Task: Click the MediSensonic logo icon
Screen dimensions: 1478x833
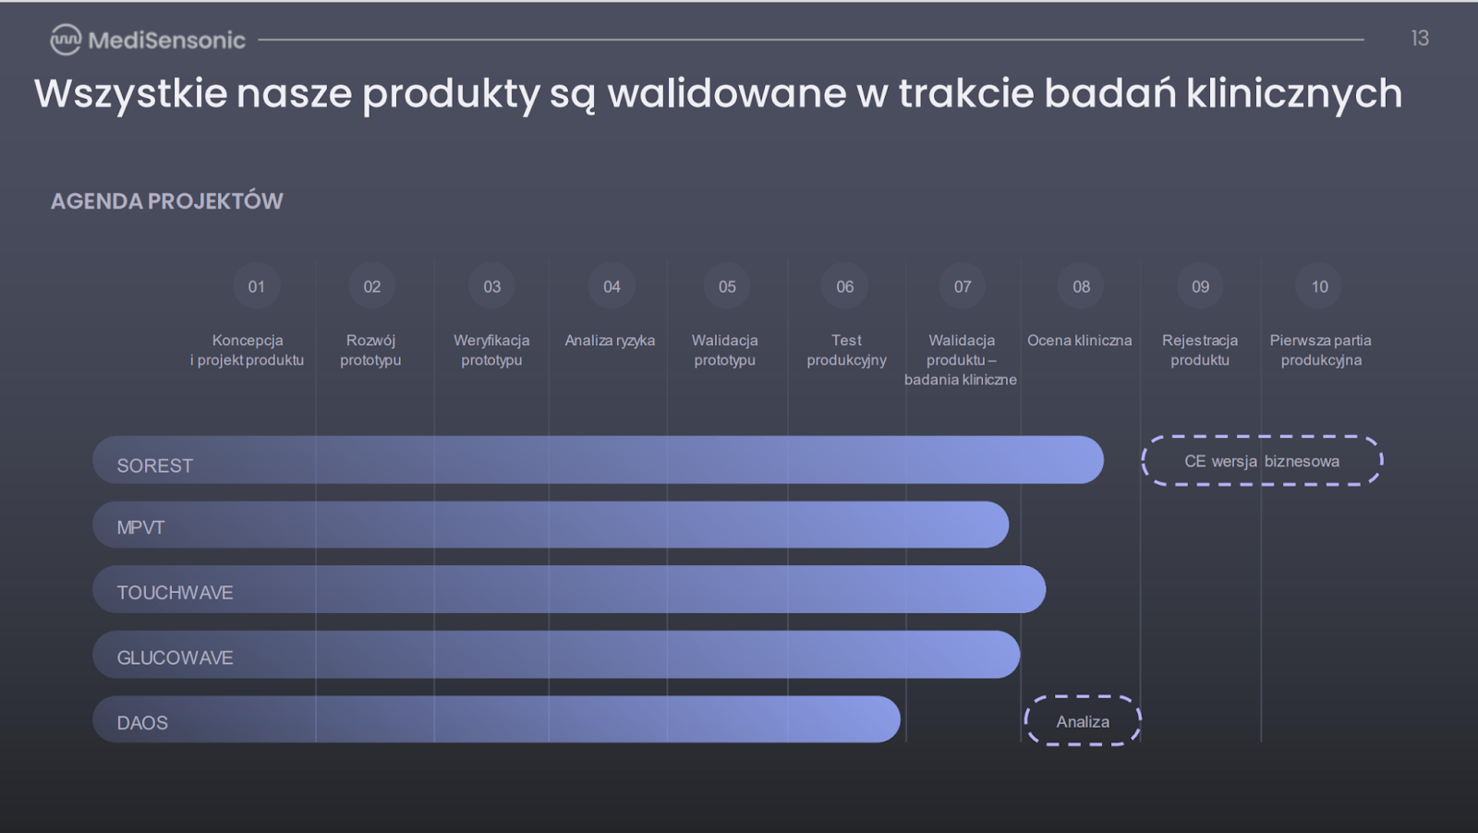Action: click(x=66, y=40)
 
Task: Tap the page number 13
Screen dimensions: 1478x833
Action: click(x=1420, y=38)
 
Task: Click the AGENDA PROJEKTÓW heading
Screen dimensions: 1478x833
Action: click(x=167, y=201)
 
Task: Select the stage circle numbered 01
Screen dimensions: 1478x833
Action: click(x=256, y=286)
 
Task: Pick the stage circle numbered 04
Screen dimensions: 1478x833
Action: click(x=612, y=286)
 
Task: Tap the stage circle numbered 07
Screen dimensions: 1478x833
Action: click(x=963, y=286)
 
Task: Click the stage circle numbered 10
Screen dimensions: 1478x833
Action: click(x=1320, y=286)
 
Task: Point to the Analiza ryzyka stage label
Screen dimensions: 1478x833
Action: click(x=610, y=341)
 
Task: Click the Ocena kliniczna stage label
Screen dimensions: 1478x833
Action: click(x=1080, y=341)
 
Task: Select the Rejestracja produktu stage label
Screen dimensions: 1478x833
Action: click(x=1200, y=350)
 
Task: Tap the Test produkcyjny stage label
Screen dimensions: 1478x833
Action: click(x=846, y=350)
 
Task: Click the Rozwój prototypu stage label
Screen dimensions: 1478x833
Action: click(x=370, y=350)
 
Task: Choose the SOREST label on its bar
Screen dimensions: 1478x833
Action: click(x=155, y=465)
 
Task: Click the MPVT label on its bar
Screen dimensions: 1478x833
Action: click(x=140, y=527)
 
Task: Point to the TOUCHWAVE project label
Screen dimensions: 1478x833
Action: click(x=175, y=592)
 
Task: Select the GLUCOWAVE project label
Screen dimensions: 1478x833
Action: click(x=175, y=658)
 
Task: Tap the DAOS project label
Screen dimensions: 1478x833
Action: click(x=142, y=723)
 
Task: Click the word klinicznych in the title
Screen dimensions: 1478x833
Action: click(x=1294, y=93)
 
